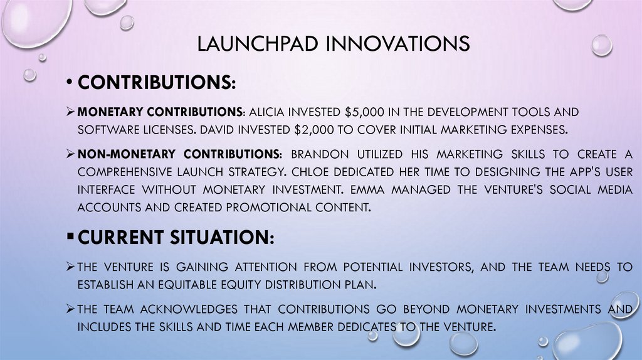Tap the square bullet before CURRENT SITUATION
(x=70, y=236)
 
